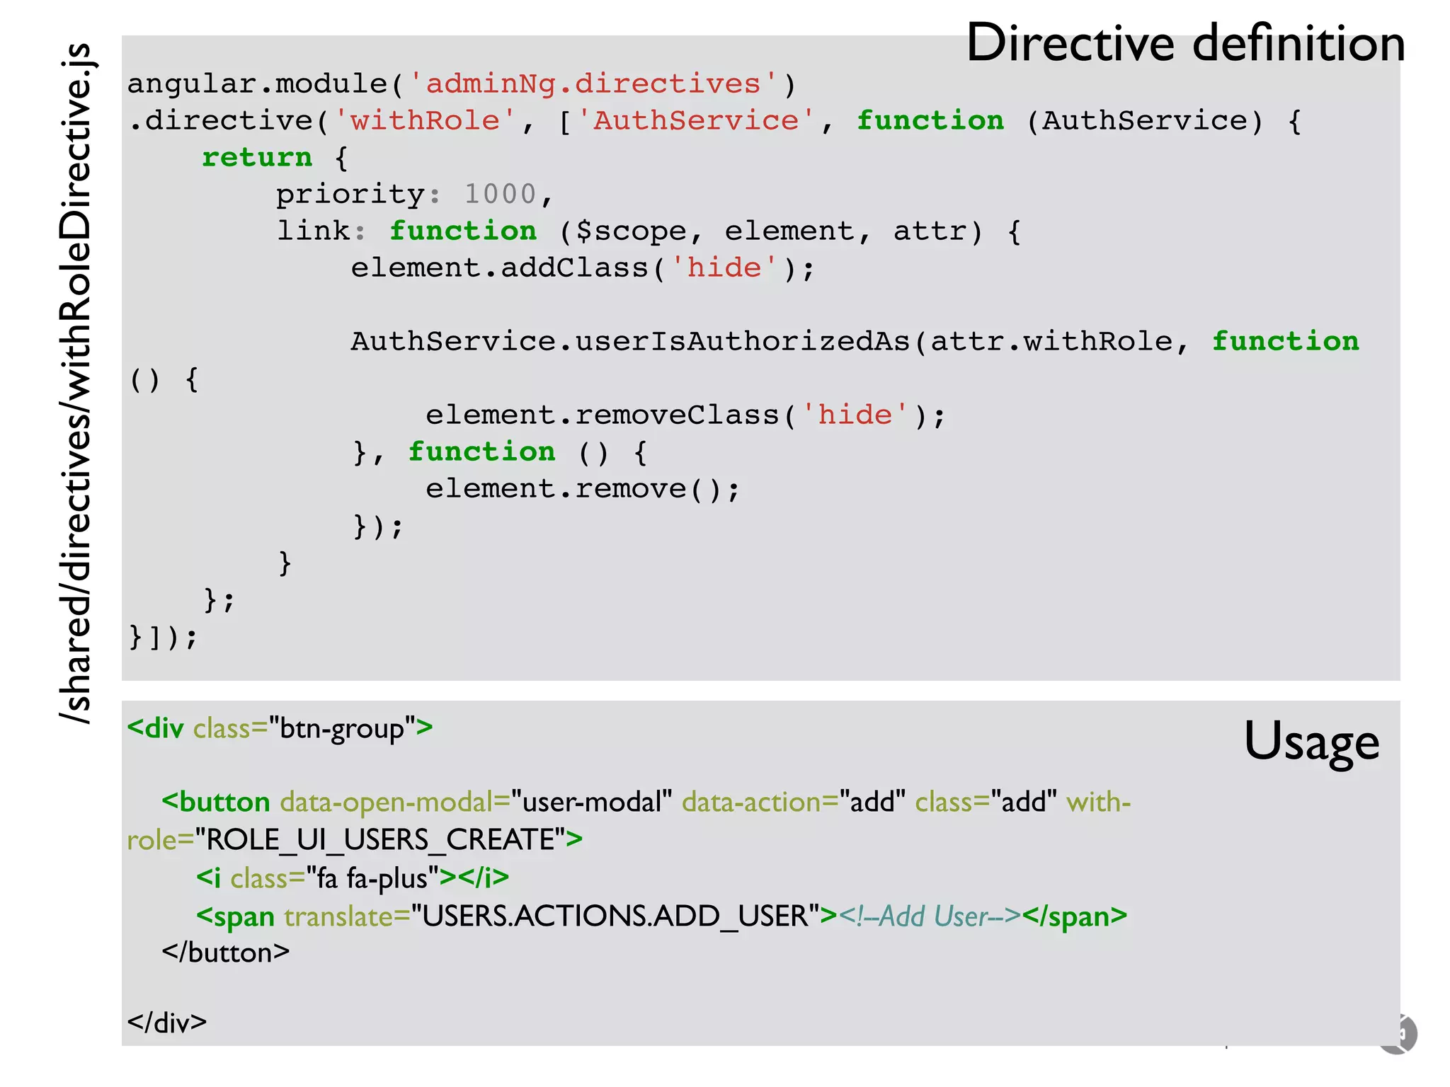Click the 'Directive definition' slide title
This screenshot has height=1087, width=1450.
click(x=1185, y=44)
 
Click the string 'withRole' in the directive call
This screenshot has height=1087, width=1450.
click(x=426, y=121)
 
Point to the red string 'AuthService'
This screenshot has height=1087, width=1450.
click(x=696, y=121)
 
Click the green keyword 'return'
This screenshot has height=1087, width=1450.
click(x=257, y=158)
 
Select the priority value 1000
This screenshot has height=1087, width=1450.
click(x=500, y=195)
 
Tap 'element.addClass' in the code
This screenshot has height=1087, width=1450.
click(x=500, y=268)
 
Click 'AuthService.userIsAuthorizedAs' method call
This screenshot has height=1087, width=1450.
click(x=630, y=342)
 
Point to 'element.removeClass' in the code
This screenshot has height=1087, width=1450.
click(x=602, y=415)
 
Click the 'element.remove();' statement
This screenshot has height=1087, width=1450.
click(x=582, y=489)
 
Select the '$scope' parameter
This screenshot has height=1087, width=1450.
click(x=630, y=231)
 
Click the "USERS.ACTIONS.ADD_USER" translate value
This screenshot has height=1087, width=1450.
click(x=615, y=916)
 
